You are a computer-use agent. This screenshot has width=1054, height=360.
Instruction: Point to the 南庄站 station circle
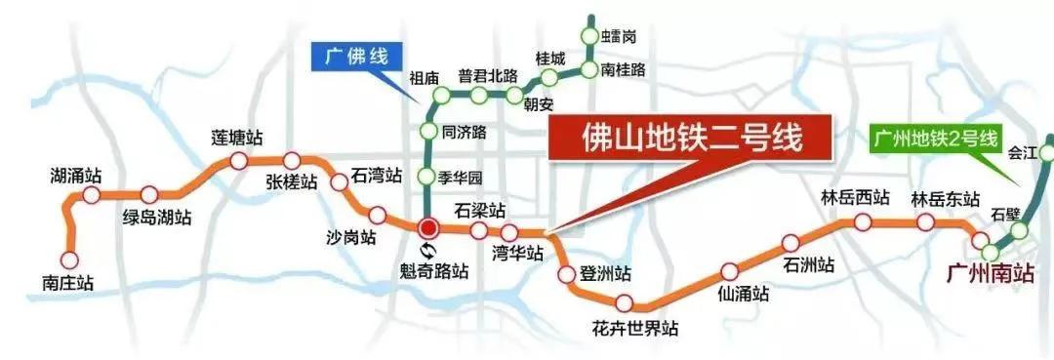coord(68,260)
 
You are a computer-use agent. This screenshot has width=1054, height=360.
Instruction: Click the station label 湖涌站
coord(76,177)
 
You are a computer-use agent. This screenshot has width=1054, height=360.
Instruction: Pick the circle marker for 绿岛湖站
coord(149,194)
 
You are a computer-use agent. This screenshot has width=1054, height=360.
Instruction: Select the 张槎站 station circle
coord(292,161)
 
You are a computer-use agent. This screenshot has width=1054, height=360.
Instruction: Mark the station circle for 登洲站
coord(566,274)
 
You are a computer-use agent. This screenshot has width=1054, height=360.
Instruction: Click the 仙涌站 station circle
coord(727,272)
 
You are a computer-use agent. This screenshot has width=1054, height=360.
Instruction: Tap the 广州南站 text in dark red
coord(990,274)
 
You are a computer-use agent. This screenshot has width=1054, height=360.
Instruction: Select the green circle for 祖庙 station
coord(442,95)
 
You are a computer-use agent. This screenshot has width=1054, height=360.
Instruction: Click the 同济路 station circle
coord(427,131)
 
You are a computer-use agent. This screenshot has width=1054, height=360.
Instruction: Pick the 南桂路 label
coord(623,69)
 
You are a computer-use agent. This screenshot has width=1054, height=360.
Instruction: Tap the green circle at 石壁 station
coord(1019,231)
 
